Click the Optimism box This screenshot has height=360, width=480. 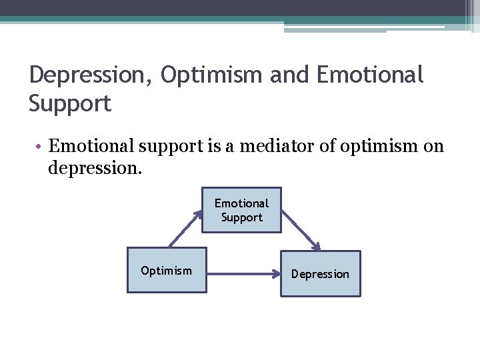167,270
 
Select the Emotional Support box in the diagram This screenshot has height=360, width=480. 241,210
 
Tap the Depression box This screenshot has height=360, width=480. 320,273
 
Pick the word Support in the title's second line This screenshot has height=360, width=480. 70,103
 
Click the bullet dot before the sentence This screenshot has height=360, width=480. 41,147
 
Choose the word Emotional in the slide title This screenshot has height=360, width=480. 370,75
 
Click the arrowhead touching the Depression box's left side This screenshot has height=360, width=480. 275,273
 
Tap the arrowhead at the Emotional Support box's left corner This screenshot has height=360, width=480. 198,215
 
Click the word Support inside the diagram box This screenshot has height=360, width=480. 241,218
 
